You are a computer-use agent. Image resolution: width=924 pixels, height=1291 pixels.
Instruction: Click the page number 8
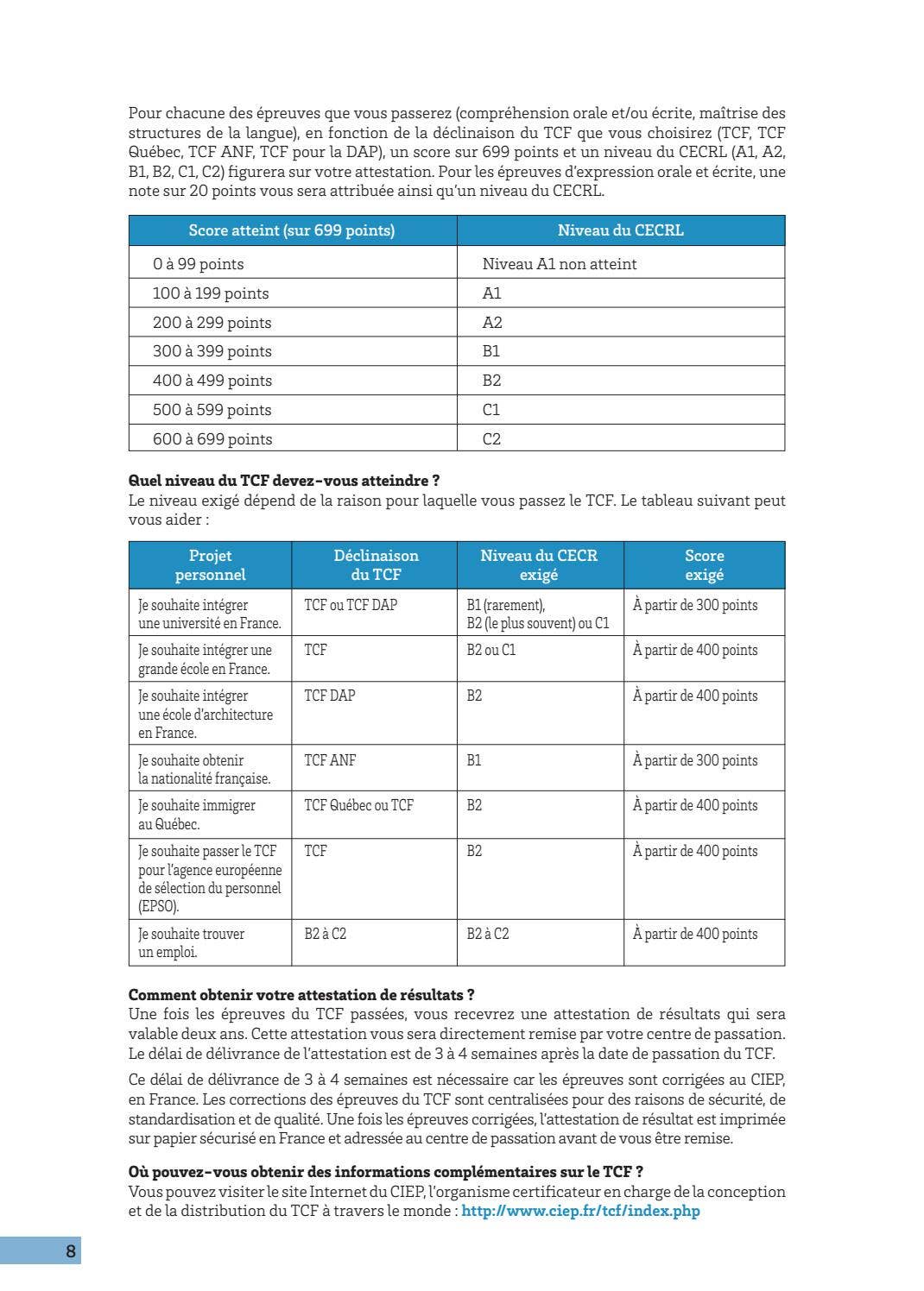pyautogui.click(x=70, y=1250)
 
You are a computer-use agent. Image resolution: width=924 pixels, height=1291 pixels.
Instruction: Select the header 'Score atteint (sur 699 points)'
pyautogui.click(x=292, y=230)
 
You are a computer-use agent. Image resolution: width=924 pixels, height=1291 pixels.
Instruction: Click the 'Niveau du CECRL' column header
pyautogui.click(x=620, y=230)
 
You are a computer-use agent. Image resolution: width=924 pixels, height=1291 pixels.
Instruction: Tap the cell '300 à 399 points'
pyautogui.click(x=212, y=351)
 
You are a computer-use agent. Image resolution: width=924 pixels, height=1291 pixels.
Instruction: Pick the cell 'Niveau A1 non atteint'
pyautogui.click(x=559, y=264)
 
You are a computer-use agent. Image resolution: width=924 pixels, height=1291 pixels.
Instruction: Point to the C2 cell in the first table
pyautogui.click(x=491, y=438)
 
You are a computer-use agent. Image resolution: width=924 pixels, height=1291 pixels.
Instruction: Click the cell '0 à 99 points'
pyautogui.click(x=198, y=264)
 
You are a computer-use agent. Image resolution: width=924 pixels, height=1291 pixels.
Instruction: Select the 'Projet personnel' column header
pyautogui.click(x=210, y=565)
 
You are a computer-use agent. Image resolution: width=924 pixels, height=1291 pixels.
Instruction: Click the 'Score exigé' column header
pyautogui.click(x=704, y=565)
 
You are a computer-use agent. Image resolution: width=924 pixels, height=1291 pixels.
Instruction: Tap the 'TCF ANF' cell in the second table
pyautogui.click(x=330, y=760)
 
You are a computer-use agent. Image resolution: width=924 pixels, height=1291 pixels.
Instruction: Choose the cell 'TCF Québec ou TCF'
pyautogui.click(x=358, y=805)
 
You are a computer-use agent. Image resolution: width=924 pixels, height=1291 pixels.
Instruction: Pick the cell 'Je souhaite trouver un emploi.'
pyautogui.click(x=191, y=942)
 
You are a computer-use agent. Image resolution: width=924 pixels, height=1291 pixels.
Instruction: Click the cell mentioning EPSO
pyautogui.click(x=210, y=879)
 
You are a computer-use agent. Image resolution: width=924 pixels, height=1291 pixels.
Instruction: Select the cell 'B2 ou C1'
pyautogui.click(x=490, y=650)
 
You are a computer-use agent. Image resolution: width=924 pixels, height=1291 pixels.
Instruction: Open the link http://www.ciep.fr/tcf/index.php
pyautogui.click(x=580, y=1211)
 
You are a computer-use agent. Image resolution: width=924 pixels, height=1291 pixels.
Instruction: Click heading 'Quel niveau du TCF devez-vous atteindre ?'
pyautogui.click(x=284, y=481)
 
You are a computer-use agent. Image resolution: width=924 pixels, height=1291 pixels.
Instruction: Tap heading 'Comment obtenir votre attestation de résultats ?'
pyautogui.click(x=301, y=995)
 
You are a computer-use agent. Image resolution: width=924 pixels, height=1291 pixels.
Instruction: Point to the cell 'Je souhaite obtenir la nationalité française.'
pyautogui.click(x=204, y=769)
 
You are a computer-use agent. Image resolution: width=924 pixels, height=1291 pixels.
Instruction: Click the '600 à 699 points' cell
pyautogui.click(x=212, y=438)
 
